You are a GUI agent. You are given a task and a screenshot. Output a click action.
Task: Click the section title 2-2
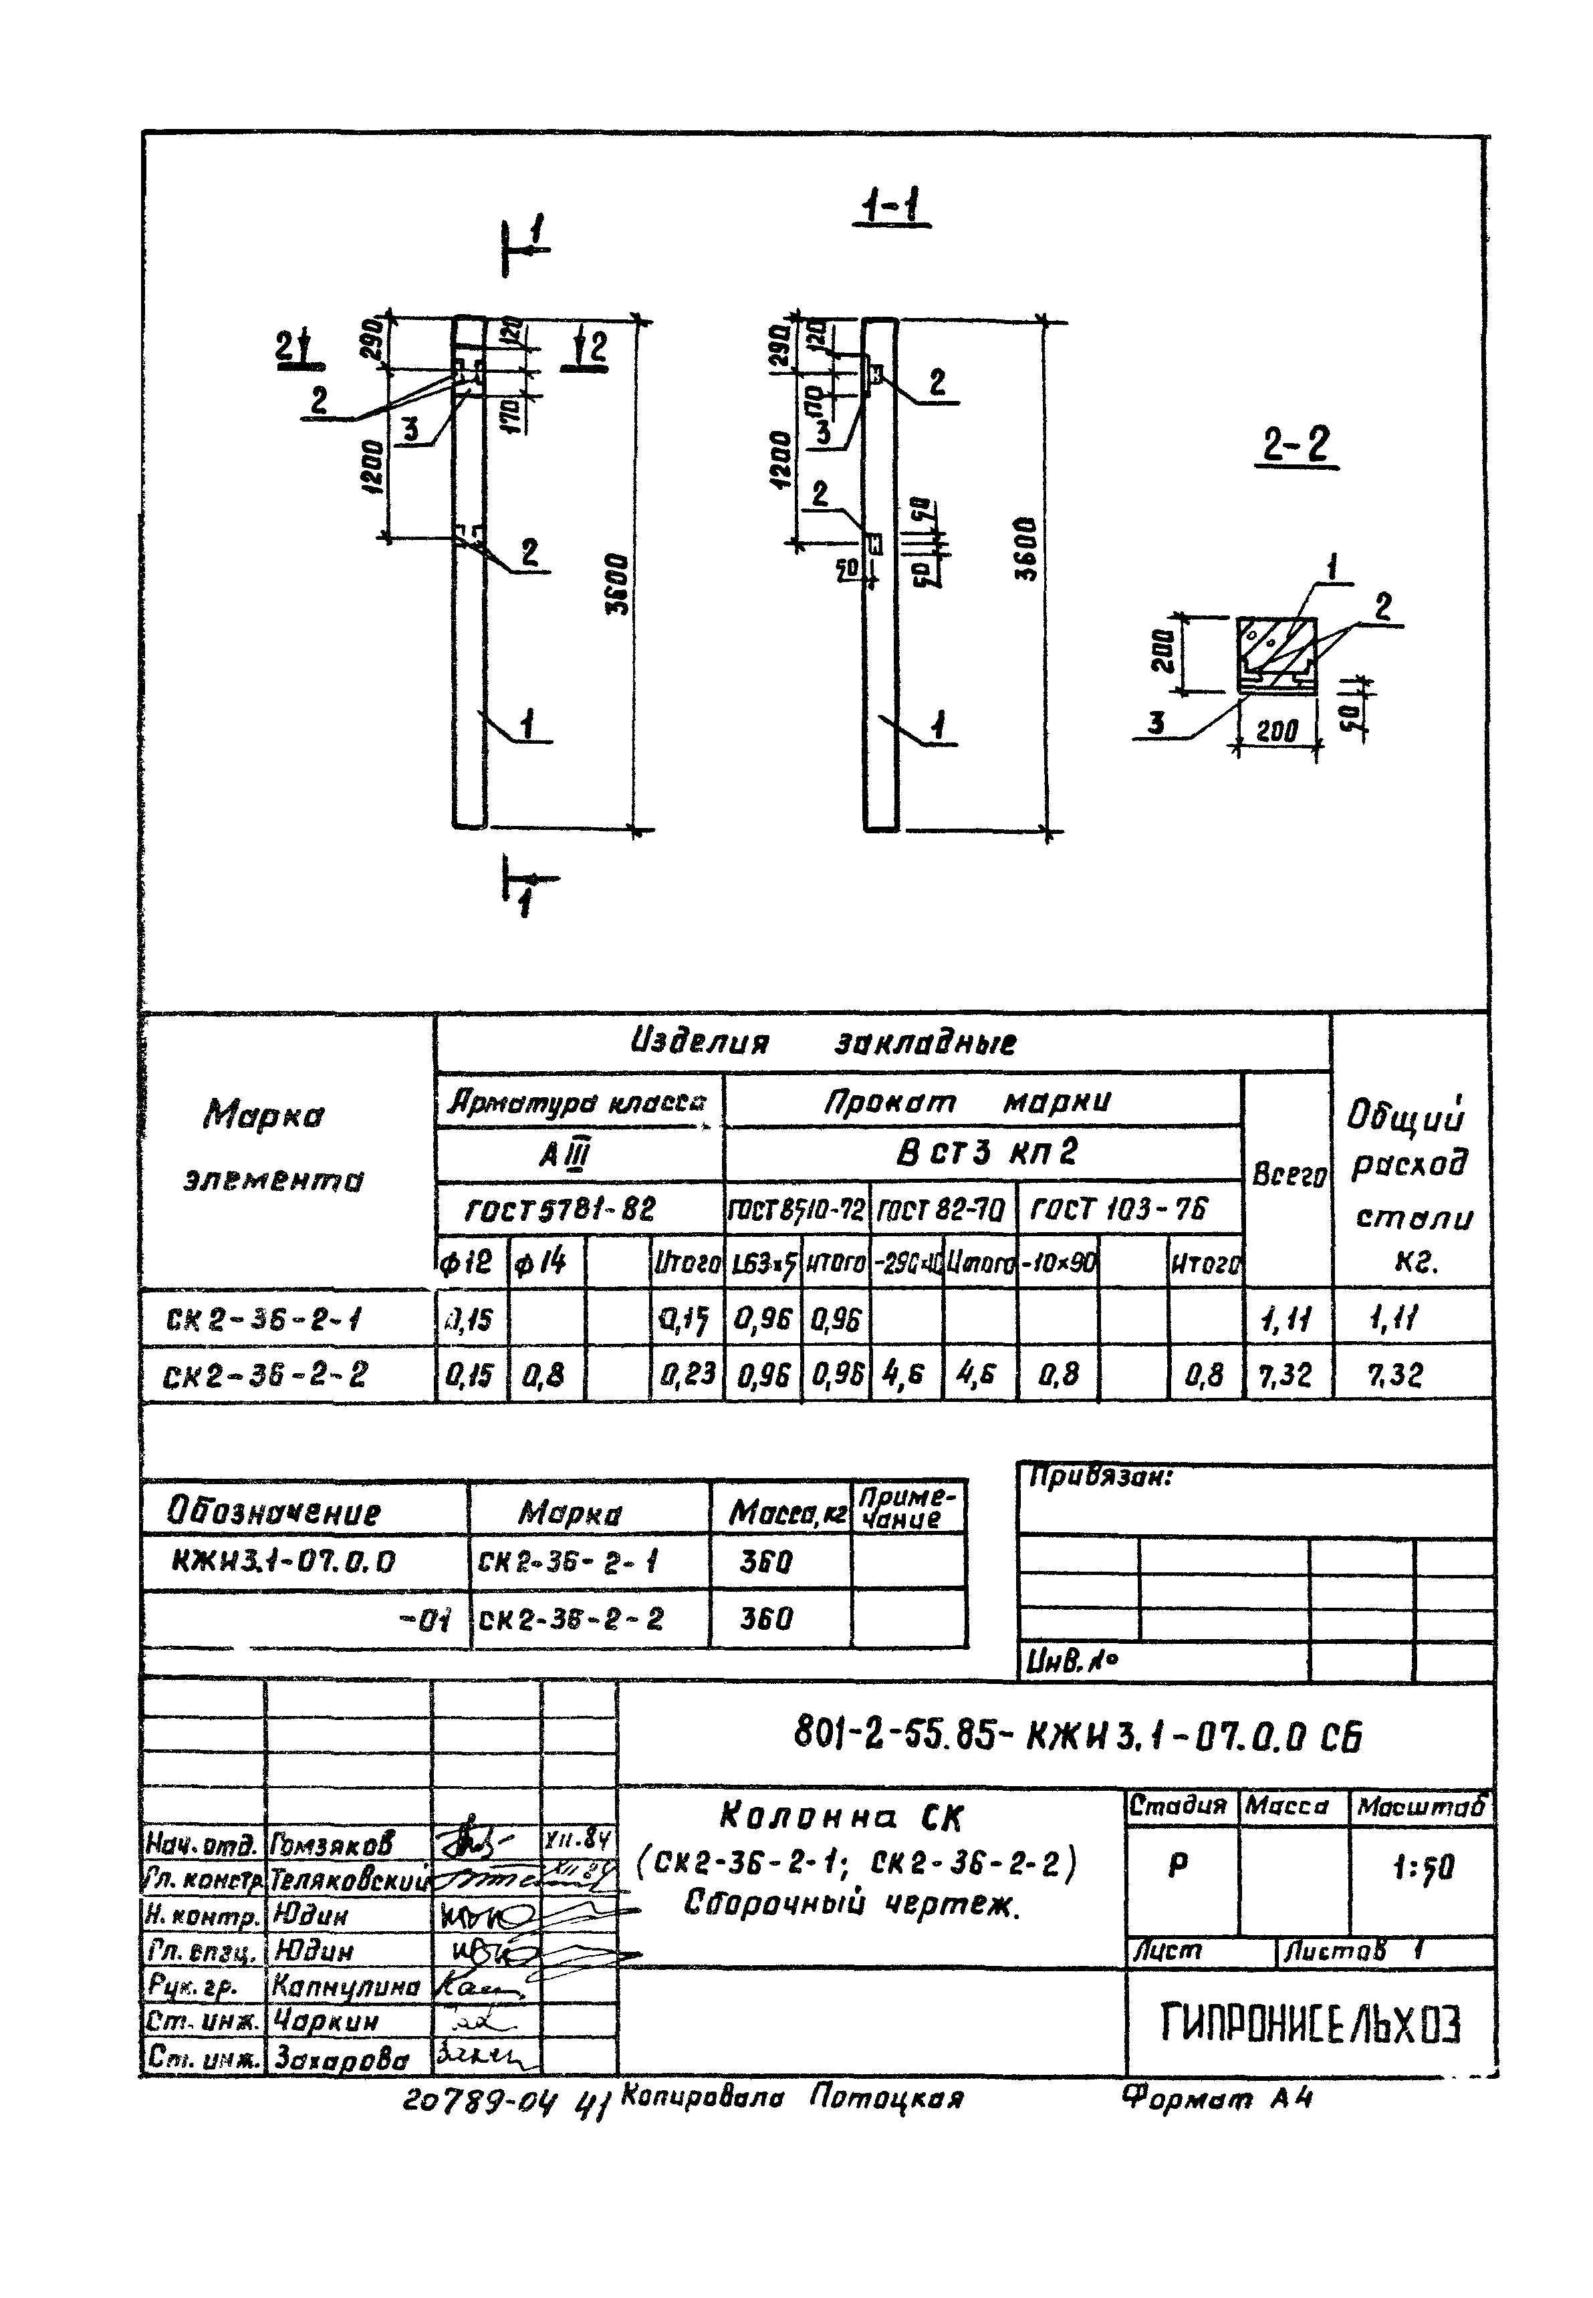(x=1296, y=445)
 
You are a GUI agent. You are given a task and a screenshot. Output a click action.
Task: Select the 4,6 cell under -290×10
(x=904, y=1376)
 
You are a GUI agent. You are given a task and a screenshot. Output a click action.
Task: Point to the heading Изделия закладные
(x=824, y=1044)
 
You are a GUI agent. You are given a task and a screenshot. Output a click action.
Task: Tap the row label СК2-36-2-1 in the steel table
(x=263, y=1321)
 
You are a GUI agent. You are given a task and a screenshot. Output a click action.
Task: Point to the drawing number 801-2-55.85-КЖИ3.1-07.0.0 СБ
(x=1078, y=1737)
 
